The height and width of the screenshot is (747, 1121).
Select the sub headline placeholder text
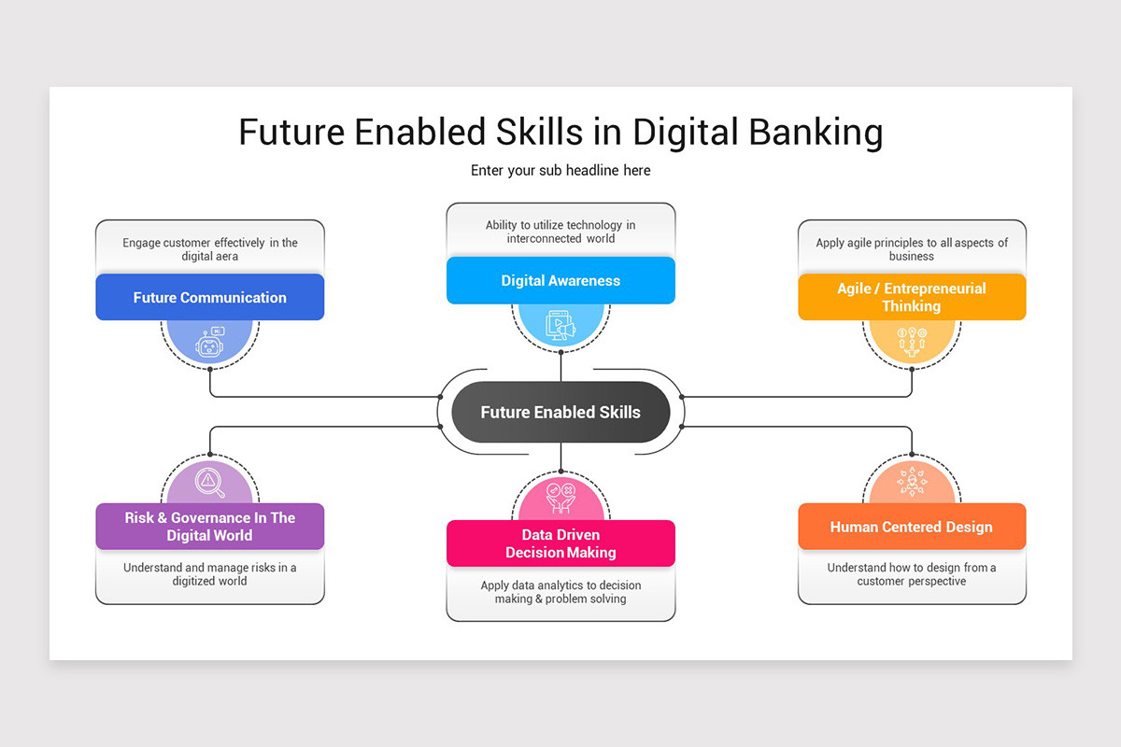tap(560, 171)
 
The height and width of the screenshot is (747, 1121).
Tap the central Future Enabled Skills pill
tap(560, 412)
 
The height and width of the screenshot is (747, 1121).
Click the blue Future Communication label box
tap(209, 297)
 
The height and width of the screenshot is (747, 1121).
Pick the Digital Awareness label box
tap(560, 280)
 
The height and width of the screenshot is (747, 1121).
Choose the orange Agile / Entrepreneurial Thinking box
tap(912, 297)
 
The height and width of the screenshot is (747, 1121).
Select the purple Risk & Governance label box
tap(209, 527)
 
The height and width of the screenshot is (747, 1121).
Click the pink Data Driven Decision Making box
tap(560, 543)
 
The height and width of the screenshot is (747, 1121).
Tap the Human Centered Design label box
tap(912, 527)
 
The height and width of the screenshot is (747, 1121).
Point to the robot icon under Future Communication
tap(209, 343)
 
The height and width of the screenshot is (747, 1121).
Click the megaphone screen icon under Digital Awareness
tap(560, 325)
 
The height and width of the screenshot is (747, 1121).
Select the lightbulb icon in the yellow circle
tap(912, 343)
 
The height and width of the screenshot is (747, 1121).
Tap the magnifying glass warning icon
tap(209, 483)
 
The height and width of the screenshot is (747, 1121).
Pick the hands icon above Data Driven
tap(560, 499)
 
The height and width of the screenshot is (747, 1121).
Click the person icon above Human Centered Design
tap(912, 481)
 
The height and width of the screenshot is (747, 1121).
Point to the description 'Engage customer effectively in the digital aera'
tap(209, 249)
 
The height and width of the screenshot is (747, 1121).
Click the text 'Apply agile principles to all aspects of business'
tap(912, 249)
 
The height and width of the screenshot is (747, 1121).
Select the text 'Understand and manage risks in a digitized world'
tap(209, 574)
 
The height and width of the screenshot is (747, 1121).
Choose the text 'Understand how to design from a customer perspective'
tap(912, 574)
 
